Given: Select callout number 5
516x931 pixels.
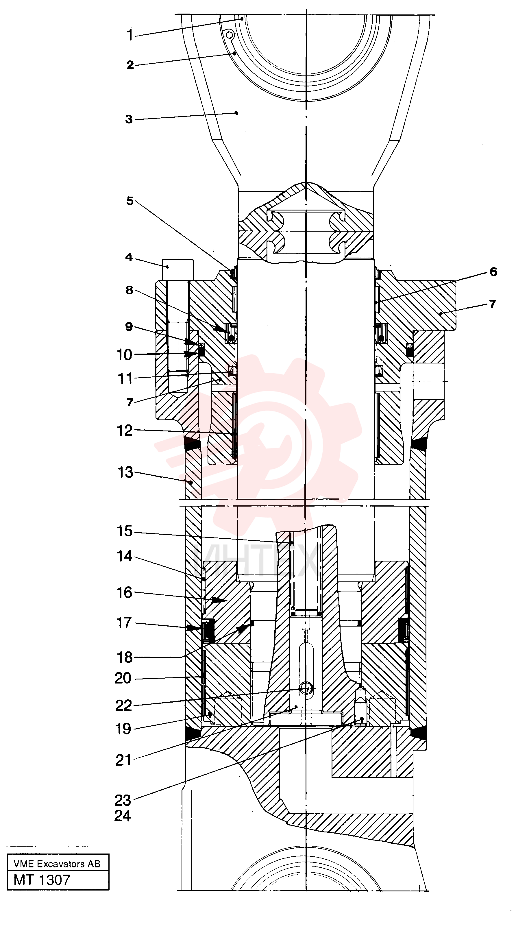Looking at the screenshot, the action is tap(130, 201).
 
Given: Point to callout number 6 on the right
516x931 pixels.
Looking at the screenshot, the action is tap(493, 272).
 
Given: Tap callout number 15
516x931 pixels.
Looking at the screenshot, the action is tap(125, 531).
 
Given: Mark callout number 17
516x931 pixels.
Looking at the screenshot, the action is tap(124, 623).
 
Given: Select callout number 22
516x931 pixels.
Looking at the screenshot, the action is tap(124, 705).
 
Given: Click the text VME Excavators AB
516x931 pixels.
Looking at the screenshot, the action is tap(57, 864).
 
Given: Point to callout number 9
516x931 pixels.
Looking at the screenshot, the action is tap(129, 327).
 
